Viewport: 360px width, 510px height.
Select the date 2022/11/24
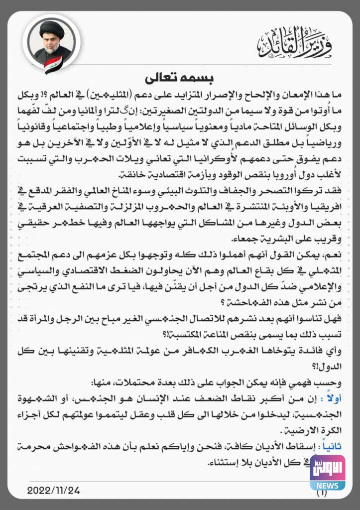[x=53, y=491]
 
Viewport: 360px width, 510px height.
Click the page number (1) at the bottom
[x=322, y=494]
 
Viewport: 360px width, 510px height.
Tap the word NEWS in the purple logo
[x=327, y=484]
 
